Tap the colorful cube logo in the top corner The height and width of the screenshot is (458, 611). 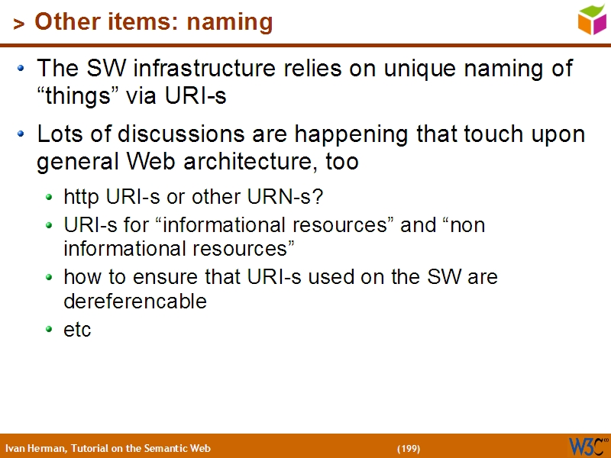592,20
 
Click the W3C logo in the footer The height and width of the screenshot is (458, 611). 587,447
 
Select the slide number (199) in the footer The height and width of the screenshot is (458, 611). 408,448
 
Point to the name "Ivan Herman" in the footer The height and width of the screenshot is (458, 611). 35,448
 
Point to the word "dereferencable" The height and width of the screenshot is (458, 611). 135,301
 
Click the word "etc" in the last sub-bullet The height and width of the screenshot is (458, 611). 77,330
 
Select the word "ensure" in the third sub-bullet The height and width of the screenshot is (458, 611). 145,276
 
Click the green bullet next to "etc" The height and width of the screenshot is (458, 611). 50,330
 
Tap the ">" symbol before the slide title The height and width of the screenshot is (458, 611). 18,24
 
